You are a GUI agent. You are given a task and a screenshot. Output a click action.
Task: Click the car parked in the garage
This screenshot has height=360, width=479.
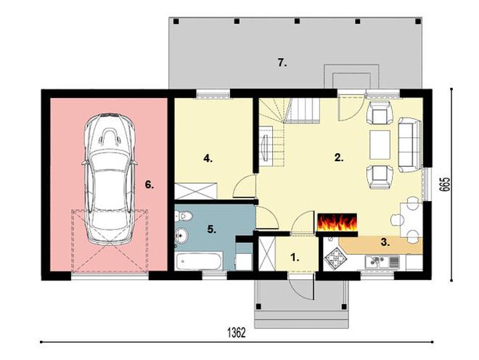[x=109, y=179]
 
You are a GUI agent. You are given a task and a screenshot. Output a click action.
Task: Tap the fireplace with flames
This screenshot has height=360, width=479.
[x=337, y=222]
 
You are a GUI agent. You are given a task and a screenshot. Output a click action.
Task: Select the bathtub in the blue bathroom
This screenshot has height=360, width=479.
[x=199, y=261]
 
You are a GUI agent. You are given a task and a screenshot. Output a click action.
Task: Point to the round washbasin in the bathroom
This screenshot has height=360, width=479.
[x=182, y=236]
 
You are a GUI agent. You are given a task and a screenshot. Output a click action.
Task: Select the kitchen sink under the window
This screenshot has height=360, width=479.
[x=382, y=262]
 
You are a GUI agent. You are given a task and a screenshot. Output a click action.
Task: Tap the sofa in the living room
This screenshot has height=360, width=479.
[x=410, y=145]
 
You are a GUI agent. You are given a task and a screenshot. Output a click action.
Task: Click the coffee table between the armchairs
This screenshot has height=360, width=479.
[x=380, y=144]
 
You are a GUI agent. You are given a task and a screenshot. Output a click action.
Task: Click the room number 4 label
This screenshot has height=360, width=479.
[x=208, y=159]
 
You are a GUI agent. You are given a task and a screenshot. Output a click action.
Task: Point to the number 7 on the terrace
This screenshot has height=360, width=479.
[x=282, y=63]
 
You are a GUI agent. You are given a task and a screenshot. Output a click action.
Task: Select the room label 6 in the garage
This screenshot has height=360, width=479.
[x=149, y=184]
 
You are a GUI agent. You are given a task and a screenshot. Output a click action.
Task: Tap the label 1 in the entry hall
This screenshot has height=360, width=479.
[x=295, y=258]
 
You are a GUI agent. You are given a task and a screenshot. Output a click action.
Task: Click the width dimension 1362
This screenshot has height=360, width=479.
[x=237, y=332]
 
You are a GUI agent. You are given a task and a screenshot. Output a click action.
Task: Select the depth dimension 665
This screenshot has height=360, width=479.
[x=445, y=184]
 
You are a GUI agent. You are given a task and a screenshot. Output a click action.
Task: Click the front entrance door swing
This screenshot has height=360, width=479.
[x=301, y=287]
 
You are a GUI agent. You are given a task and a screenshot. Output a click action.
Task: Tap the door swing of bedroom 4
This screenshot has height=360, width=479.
[x=245, y=186]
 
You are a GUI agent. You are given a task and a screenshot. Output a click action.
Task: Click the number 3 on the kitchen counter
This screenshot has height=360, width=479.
[x=385, y=242]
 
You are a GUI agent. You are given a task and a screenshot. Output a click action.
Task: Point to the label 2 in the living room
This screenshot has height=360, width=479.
[x=339, y=157]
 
